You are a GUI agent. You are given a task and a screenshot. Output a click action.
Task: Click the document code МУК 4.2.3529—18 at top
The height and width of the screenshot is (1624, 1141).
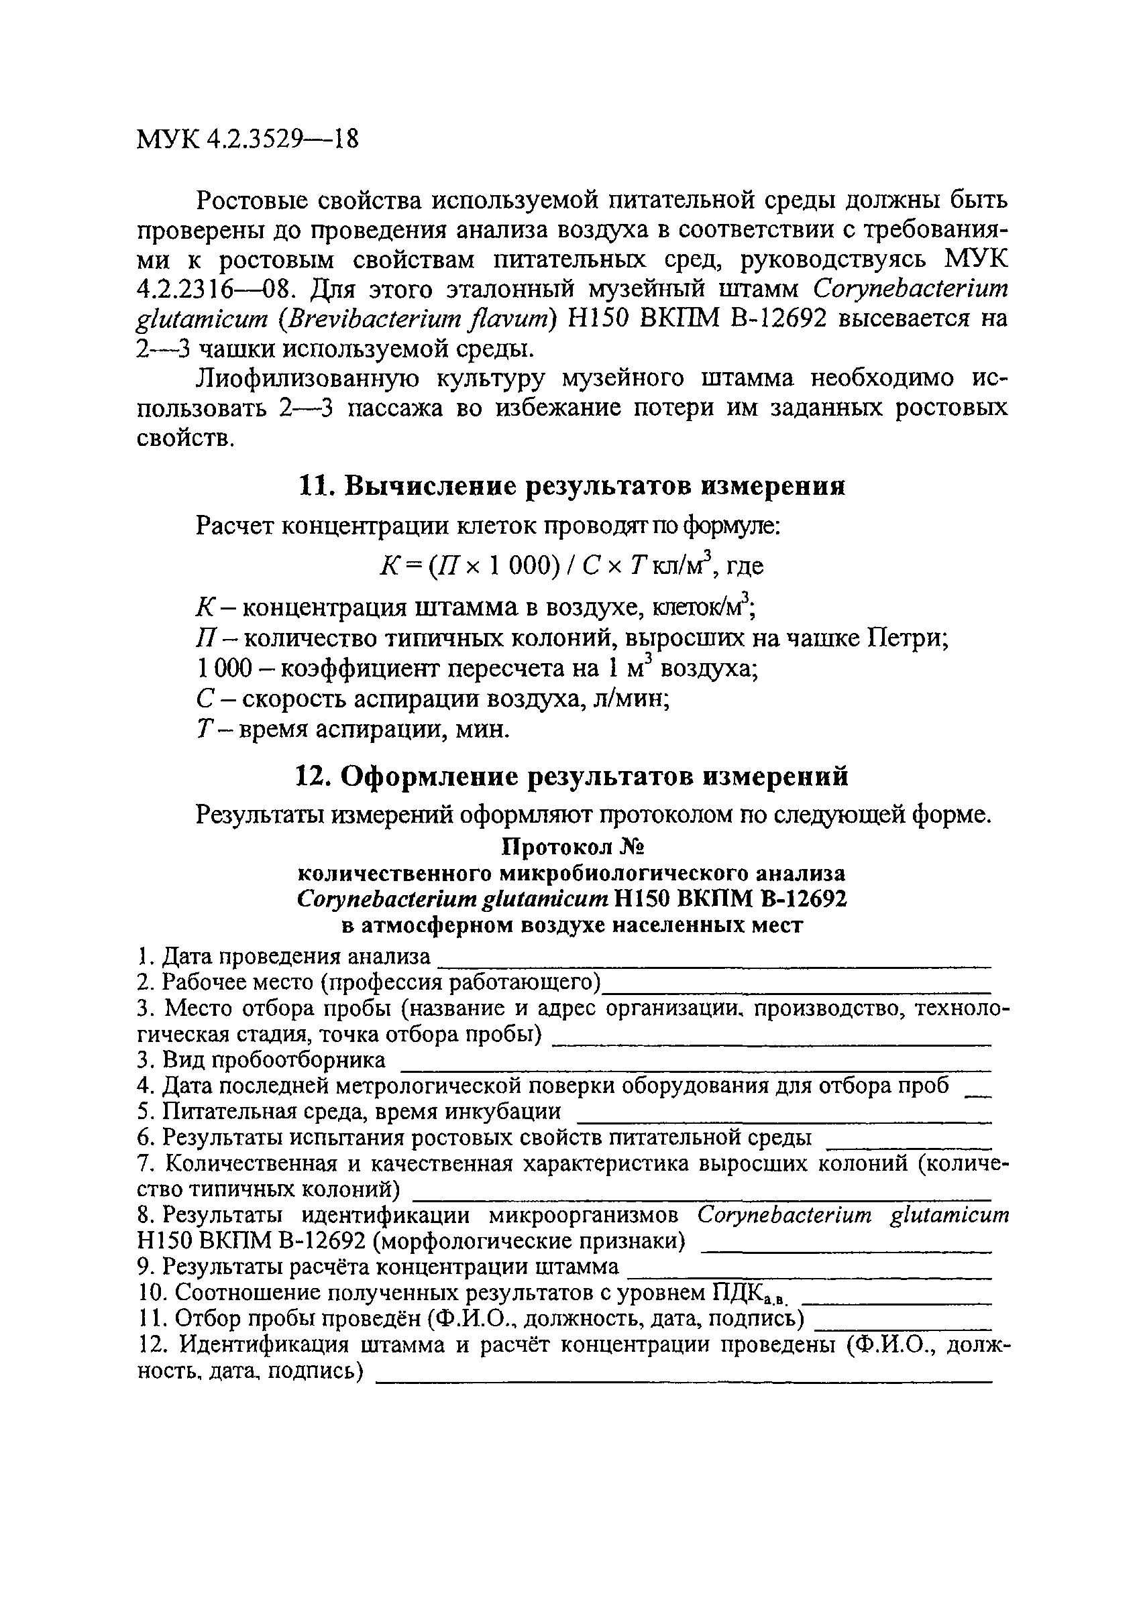click(x=248, y=139)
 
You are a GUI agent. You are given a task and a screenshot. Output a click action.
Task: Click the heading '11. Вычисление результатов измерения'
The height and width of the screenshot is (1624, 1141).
click(x=571, y=487)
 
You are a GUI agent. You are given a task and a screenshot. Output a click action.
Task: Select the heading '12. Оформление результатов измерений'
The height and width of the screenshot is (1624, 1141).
click(x=571, y=777)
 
